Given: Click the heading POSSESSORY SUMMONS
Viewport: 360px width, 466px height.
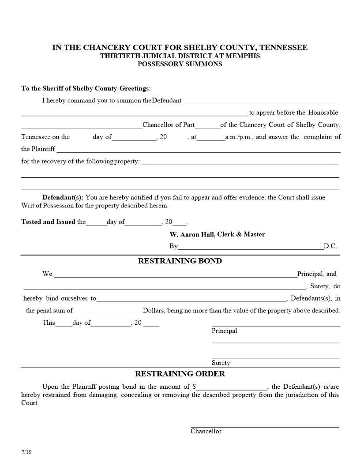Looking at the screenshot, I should tap(180, 64).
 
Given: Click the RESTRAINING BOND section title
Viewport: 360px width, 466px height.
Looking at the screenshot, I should tap(180, 261).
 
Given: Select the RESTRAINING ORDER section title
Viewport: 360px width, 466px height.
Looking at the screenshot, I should tap(180, 374).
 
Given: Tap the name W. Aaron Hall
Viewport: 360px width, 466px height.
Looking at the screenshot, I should tap(192, 234).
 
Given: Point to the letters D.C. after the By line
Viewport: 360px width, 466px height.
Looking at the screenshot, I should tap(330, 246).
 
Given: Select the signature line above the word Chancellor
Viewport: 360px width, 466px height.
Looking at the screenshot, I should tap(265, 427).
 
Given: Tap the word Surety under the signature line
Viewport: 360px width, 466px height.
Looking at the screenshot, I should tap(221, 363).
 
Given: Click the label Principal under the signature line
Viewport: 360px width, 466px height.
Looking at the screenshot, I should tap(224, 331).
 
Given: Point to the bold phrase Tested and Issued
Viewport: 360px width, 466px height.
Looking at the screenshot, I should tap(48, 222).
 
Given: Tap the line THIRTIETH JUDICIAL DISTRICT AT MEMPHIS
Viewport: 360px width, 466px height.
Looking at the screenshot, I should tap(180, 56).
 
